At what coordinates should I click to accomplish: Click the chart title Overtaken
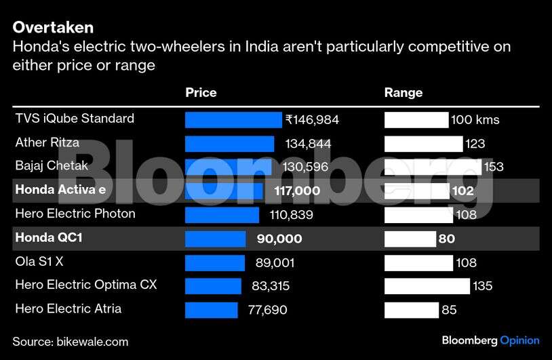tap(53, 28)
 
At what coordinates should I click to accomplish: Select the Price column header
tap(201, 93)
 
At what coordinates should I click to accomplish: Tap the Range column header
tap(403, 93)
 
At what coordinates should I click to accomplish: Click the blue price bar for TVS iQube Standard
tap(233, 120)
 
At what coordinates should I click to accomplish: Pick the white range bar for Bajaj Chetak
tap(433, 167)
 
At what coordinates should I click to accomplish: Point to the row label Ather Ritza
tap(47, 143)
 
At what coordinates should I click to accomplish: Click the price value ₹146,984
tap(312, 121)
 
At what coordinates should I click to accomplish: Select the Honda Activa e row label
tap(60, 191)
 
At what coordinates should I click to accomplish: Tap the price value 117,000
tap(297, 191)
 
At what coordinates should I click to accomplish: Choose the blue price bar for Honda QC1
tap(216, 239)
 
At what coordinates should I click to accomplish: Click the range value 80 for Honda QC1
tap(447, 239)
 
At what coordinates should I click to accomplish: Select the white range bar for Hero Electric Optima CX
tap(427, 286)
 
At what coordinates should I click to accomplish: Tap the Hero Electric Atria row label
tap(68, 309)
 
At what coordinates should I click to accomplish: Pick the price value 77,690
tap(268, 311)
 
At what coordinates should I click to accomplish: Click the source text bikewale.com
tap(94, 342)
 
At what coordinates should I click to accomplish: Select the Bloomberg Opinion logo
tap(490, 340)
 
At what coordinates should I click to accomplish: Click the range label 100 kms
tap(475, 121)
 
